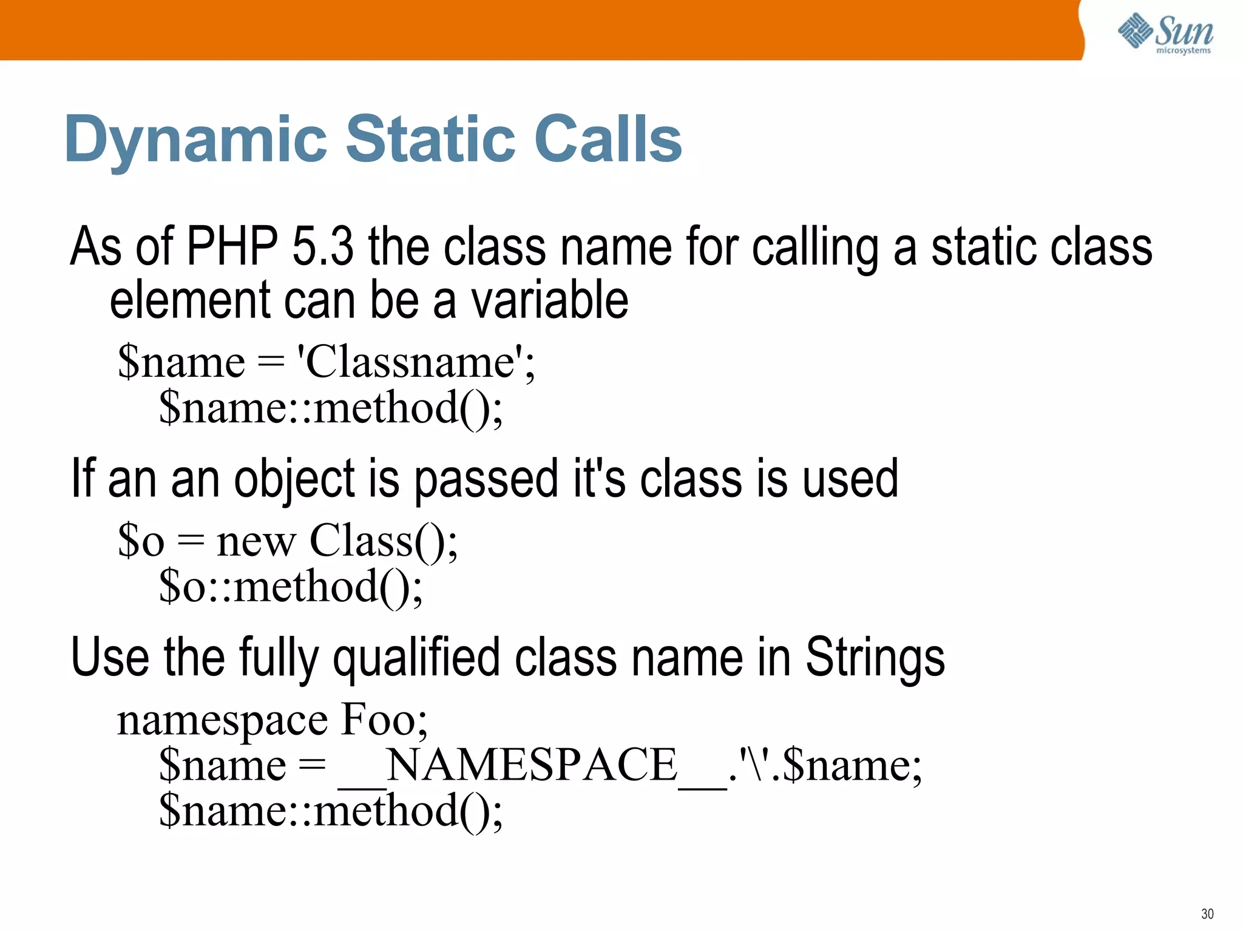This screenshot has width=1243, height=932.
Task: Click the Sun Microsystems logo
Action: click(1165, 34)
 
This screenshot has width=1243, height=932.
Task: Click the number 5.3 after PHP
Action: click(322, 246)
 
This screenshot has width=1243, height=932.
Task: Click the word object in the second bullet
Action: click(294, 479)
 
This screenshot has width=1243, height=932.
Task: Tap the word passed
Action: click(486, 479)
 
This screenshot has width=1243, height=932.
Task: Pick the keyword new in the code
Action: click(256, 541)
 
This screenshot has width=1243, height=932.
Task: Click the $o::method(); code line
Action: click(290, 587)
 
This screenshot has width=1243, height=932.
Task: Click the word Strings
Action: click(875, 658)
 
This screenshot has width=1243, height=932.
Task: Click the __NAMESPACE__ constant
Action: click(532, 765)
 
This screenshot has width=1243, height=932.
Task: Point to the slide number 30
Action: click(1207, 914)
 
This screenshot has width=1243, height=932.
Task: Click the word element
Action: click(189, 300)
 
